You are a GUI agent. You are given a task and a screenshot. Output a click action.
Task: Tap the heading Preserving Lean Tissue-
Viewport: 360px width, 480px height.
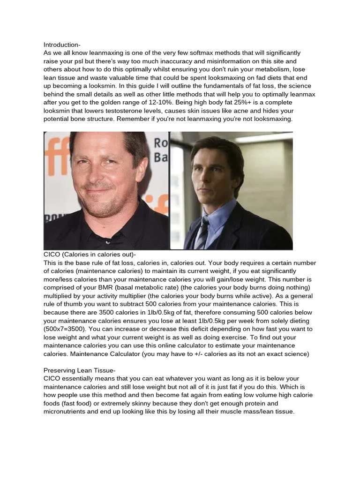point(79,370)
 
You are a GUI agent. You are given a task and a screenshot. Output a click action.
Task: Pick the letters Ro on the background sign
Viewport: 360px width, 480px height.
point(161,142)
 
